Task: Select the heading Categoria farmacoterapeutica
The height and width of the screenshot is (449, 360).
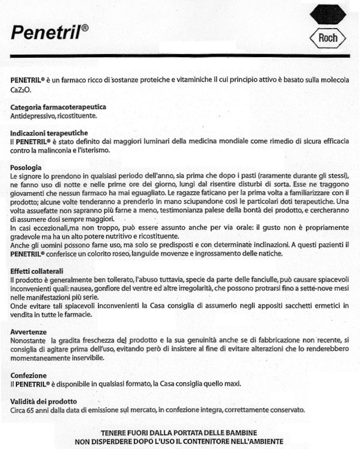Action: point(58,107)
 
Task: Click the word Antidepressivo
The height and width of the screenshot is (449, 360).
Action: point(31,115)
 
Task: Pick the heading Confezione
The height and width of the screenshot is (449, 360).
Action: point(29,374)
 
